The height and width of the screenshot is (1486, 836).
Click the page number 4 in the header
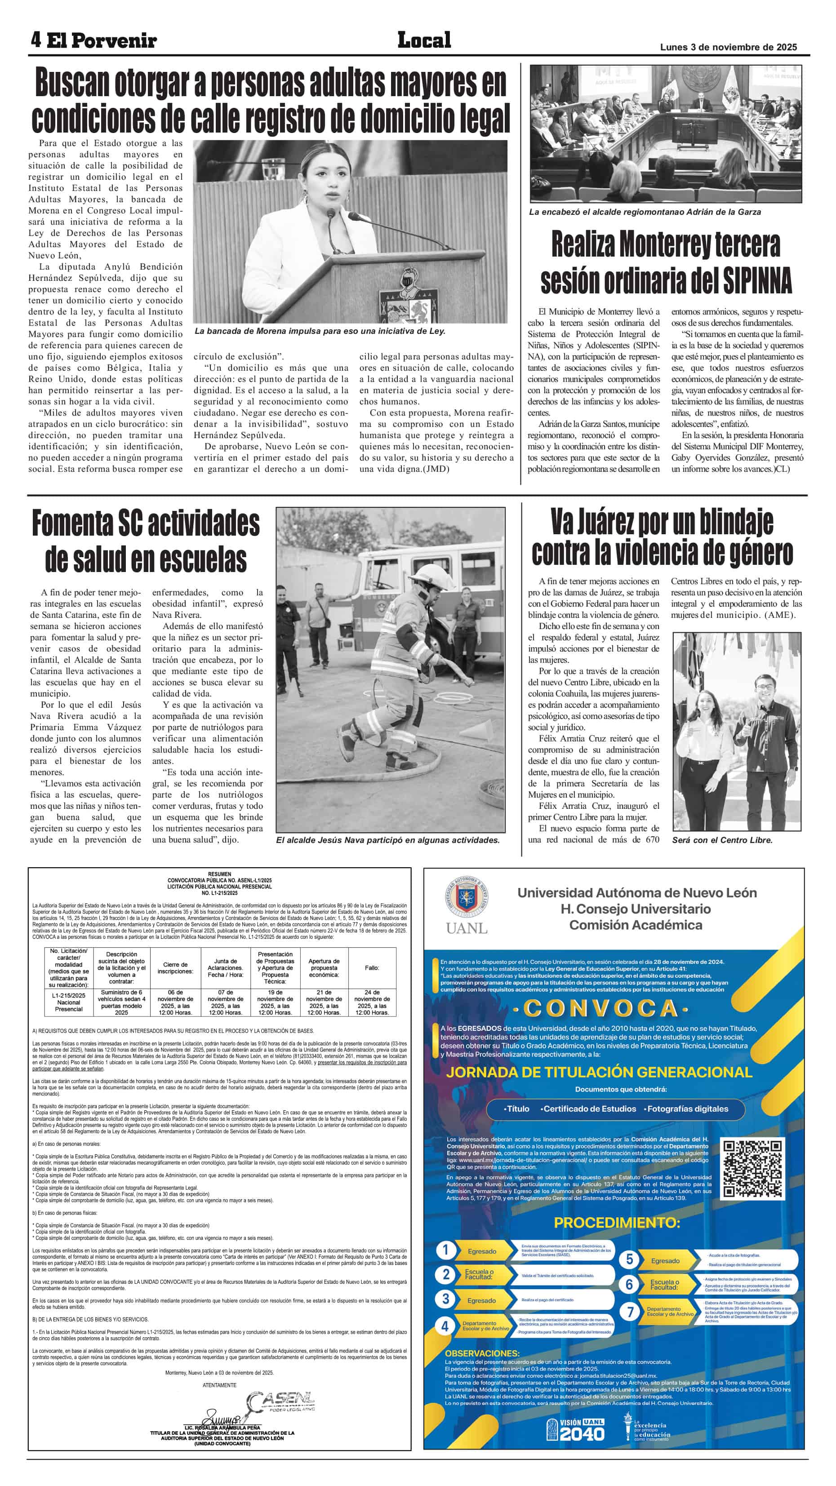click(36, 40)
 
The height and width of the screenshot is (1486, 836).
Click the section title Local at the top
click(424, 40)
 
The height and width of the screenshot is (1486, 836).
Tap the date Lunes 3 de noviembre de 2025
click(728, 47)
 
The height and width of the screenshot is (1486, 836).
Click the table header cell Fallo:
click(372, 967)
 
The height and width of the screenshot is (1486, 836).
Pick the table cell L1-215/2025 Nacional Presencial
click(69, 1002)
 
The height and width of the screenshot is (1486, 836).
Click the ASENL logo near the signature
click(281, 1400)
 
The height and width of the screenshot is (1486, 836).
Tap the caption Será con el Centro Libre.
click(722, 840)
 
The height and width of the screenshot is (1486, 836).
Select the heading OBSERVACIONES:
click(482, 1353)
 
